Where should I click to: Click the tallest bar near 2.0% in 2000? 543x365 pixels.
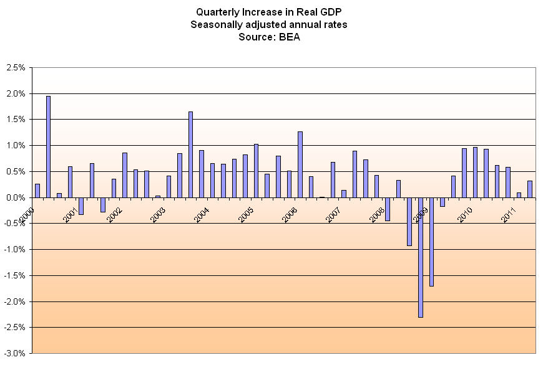coord(49,147)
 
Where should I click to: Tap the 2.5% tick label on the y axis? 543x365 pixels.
coord(15,67)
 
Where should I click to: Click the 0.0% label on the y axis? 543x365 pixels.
coord(15,197)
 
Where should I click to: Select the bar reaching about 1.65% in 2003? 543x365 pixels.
coord(190,154)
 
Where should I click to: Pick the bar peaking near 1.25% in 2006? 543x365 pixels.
coord(300,164)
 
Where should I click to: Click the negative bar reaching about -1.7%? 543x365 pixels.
coord(431,242)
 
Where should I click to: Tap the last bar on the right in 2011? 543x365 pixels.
coord(530,189)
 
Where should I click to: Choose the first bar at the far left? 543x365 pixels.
coord(37,191)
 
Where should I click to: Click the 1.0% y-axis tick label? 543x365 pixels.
coord(15,145)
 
